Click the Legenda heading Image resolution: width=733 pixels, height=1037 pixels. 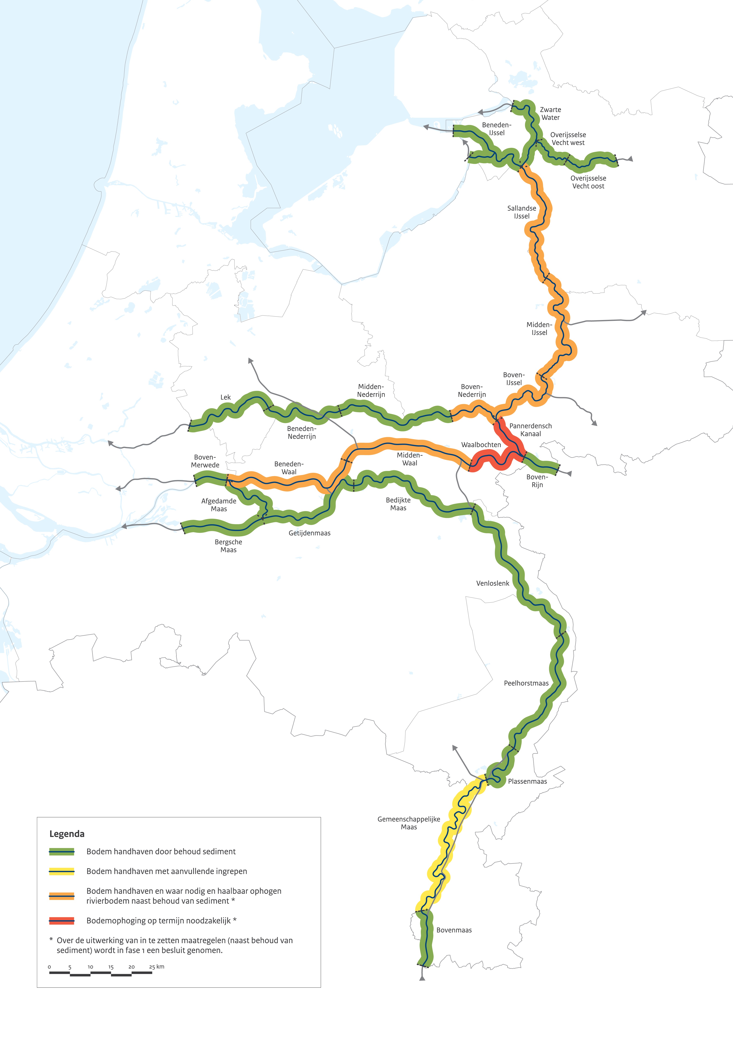click(x=67, y=834)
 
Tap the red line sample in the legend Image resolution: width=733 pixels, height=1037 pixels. click(x=61, y=921)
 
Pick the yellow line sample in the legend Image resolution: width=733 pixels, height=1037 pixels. click(x=61, y=871)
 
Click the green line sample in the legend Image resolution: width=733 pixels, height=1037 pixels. click(x=61, y=851)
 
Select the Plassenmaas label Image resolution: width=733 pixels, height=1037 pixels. click(x=527, y=781)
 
